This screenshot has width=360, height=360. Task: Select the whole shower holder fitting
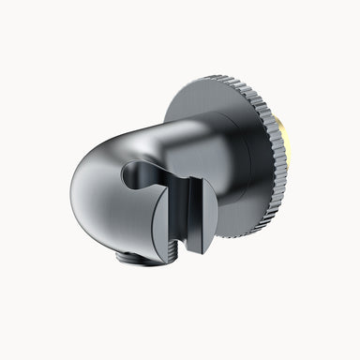pyautogui.click(x=178, y=173)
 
